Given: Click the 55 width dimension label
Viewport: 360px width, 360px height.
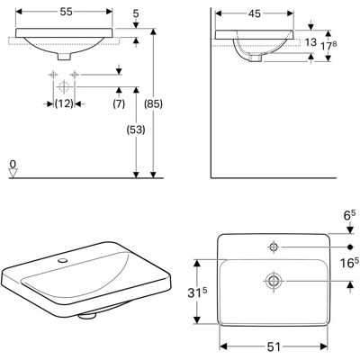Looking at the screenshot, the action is [67, 12].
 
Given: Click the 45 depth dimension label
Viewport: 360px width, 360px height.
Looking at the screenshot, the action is [255, 13].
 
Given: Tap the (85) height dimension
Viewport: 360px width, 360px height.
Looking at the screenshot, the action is [154, 103].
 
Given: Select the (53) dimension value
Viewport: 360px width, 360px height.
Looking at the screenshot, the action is [136, 130].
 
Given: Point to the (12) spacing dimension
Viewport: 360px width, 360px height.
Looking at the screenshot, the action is [64, 103].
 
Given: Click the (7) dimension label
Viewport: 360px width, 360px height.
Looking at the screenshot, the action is [119, 103].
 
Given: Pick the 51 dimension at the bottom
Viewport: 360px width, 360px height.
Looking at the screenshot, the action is [274, 347].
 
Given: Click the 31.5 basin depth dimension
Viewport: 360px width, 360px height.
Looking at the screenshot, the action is [197, 292].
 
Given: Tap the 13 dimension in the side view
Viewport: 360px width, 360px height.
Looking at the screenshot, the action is [310, 42].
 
